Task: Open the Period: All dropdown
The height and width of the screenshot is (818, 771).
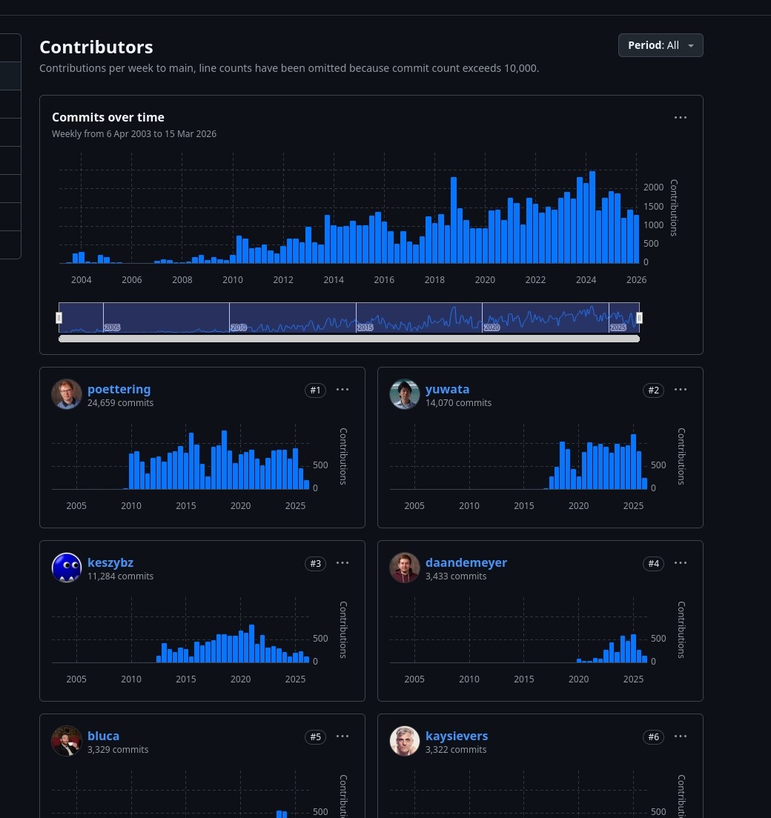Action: (x=661, y=45)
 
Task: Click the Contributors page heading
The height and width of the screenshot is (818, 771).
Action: (x=96, y=47)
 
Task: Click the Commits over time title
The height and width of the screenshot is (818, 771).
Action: (x=108, y=117)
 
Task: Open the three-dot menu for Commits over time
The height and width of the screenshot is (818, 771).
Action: (x=681, y=117)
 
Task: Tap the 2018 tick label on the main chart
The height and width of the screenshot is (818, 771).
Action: (x=434, y=280)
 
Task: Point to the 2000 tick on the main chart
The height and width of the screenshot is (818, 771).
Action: (x=653, y=187)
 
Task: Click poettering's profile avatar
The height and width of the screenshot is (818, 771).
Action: (x=67, y=394)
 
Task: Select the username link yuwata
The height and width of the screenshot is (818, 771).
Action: (x=447, y=389)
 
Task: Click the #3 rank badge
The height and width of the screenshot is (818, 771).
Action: (x=315, y=564)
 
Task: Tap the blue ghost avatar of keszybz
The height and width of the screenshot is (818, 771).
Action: (x=67, y=568)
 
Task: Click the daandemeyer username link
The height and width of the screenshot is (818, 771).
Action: (x=466, y=562)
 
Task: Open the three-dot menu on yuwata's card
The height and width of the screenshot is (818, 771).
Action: (x=681, y=390)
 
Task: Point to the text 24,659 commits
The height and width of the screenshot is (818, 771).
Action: (x=120, y=403)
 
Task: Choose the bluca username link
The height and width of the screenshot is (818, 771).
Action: (x=103, y=736)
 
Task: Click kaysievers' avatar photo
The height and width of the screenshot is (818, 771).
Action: (x=405, y=741)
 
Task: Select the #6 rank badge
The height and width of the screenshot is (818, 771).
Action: (x=653, y=737)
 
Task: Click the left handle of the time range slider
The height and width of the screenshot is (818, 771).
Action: (x=59, y=318)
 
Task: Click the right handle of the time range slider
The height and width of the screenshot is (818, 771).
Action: (x=639, y=318)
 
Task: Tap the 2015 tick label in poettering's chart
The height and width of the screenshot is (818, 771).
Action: (x=186, y=506)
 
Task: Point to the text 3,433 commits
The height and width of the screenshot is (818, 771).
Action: (x=456, y=576)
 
